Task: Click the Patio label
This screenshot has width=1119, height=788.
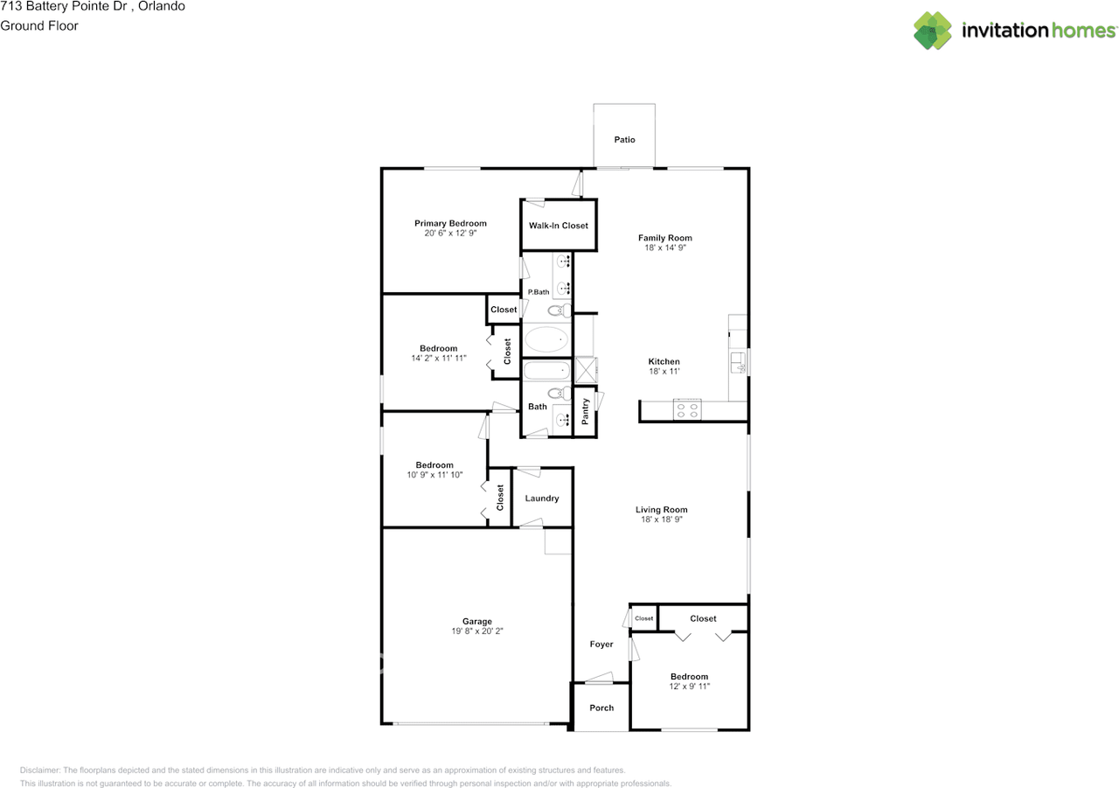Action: click(x=624, y=140)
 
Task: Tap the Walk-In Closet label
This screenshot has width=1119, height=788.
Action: click(x=558, y=226)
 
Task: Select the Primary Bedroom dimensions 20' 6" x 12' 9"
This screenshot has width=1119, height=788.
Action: click(x=450, y=234)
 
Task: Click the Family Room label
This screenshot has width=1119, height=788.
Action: click(x=664, y=238)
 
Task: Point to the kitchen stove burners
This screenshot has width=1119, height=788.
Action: click(x=688, y=409)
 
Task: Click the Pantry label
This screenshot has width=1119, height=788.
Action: click(x=586, y=413)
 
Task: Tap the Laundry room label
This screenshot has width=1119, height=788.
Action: click(x=542, y=499)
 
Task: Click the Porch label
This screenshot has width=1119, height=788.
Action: click(x=601, y=708)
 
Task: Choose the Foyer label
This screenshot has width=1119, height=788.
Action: click(x=601, y=645)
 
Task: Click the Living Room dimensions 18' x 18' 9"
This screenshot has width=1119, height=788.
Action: click(x=661, y=520)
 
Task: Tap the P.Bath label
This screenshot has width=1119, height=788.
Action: click(x=538, y=292)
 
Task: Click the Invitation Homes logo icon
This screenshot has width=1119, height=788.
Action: click(x=933, y=31)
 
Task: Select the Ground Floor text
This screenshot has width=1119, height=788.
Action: click(x=39, y=26)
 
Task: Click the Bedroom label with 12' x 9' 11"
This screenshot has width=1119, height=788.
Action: click(x=689, y=676)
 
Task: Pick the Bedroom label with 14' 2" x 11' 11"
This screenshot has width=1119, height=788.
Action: click(x=438, y=348)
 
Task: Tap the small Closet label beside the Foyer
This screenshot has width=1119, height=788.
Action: click(x=643, y=618)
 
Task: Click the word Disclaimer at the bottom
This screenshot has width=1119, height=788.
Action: click(x=40, y=771)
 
